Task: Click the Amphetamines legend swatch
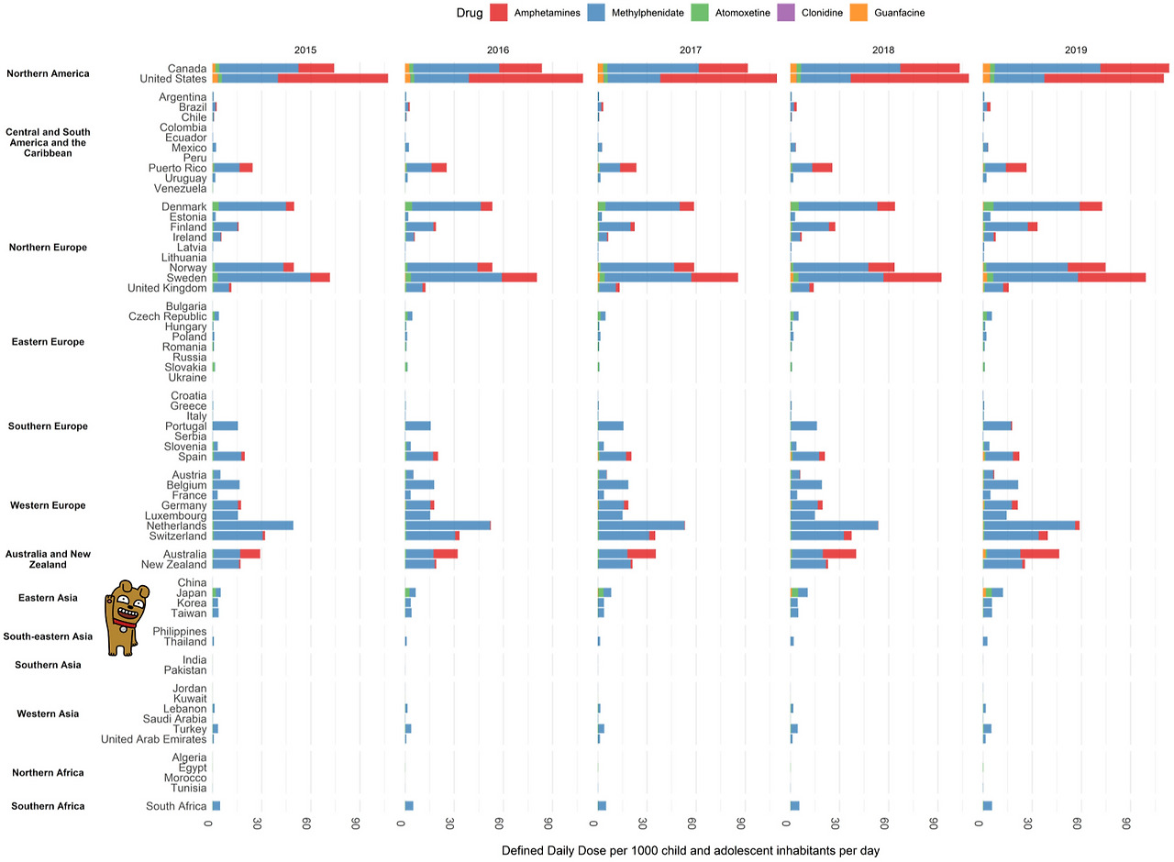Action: coord(500,13)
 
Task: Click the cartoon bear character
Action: coord(125,618)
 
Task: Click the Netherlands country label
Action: coord(175,525)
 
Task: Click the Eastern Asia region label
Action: coord(48,598)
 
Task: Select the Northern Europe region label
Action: coord(47,248)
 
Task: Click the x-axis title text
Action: coord(691,851)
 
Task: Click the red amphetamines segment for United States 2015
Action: coord(333,79)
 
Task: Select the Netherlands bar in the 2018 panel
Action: coord(835,525)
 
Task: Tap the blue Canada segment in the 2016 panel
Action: coord(456,68)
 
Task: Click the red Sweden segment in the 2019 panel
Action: coord(1112,277)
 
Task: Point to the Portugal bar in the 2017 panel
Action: coord(611,425)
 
